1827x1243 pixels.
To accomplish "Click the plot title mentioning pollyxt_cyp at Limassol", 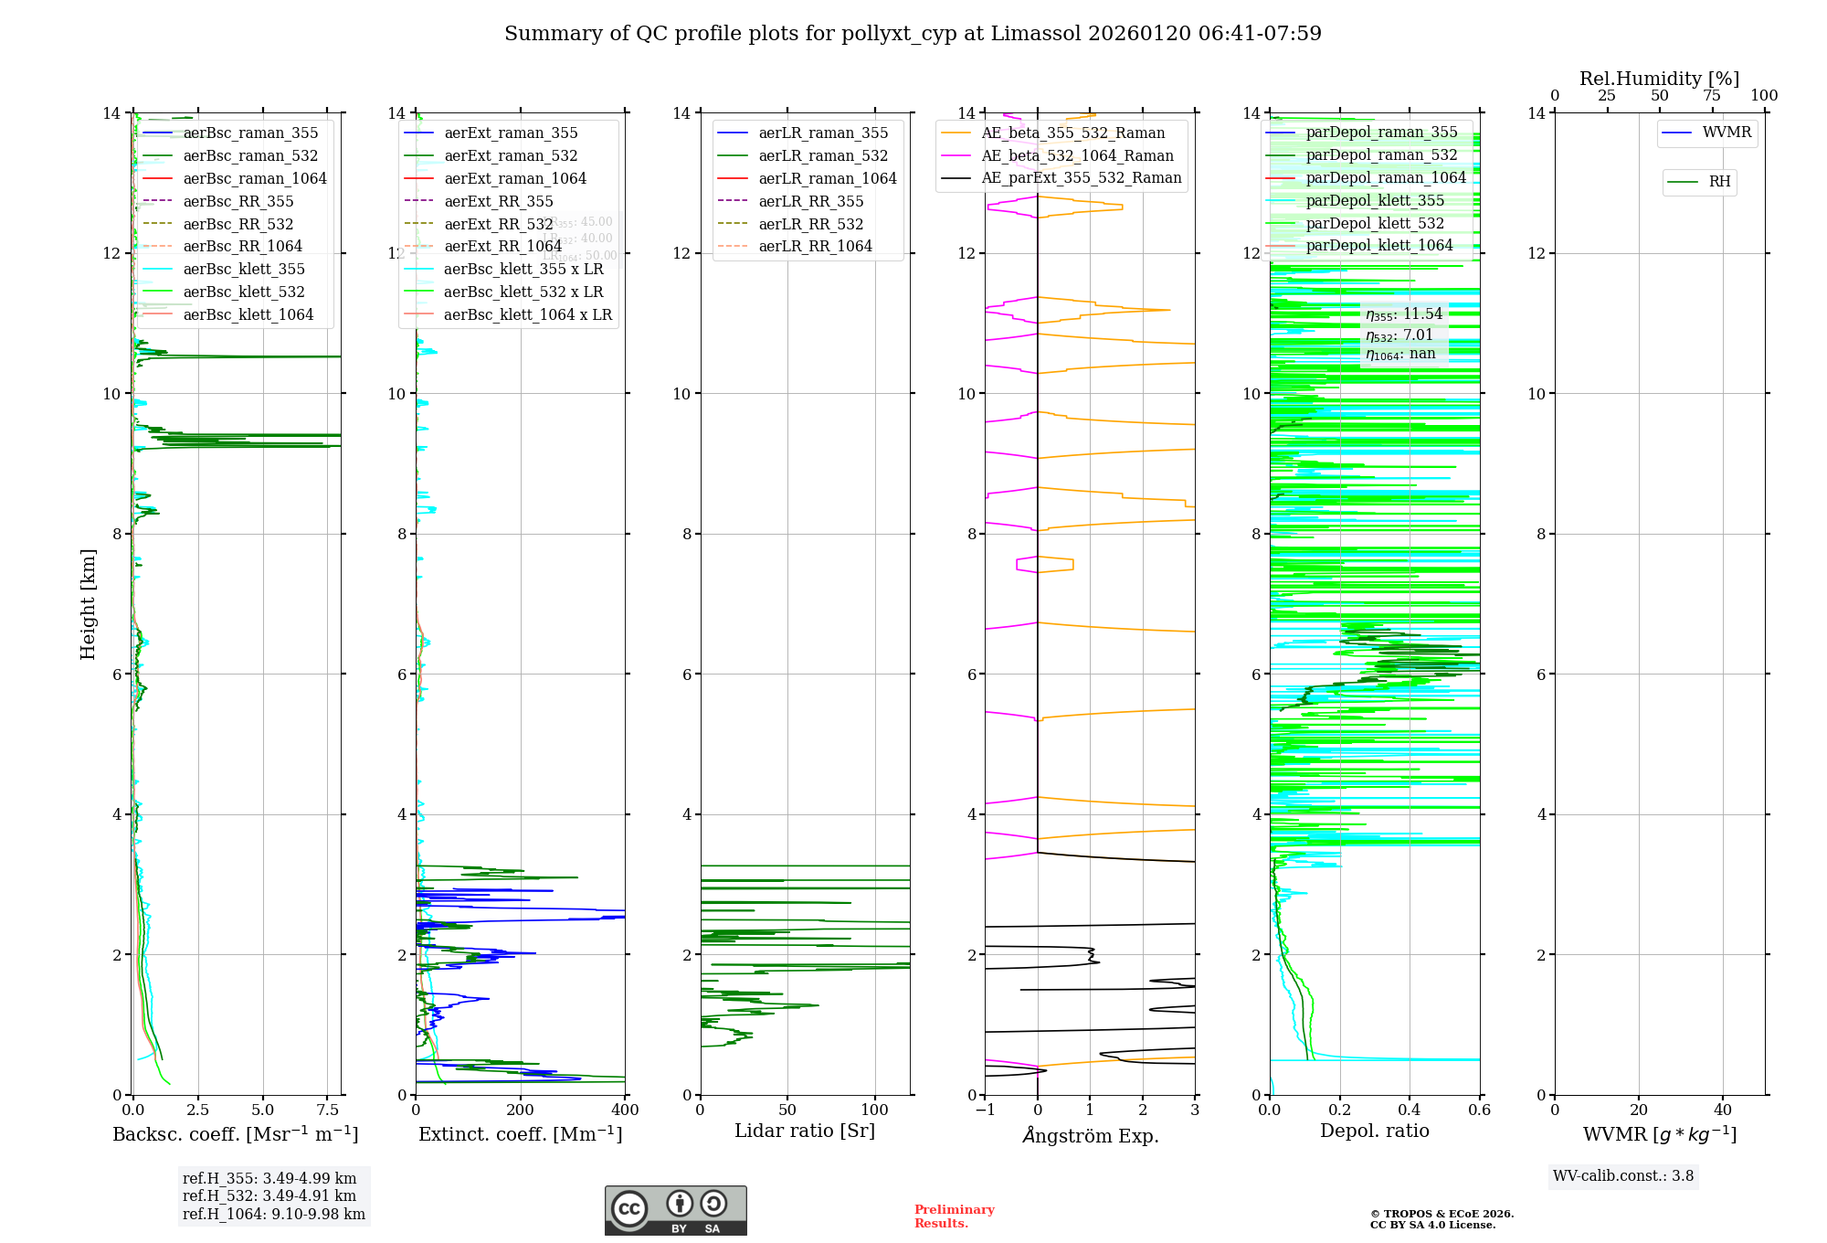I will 913,34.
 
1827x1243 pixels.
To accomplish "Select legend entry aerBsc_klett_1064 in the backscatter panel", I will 248,314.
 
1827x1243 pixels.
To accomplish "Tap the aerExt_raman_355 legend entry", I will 511,133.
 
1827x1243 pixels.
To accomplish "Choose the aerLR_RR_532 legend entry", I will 810,224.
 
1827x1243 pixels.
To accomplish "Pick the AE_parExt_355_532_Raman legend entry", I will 1081,178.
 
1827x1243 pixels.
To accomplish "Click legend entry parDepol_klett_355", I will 1375,201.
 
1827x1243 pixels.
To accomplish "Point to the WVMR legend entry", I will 1727,133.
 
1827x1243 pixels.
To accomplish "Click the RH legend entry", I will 1719,182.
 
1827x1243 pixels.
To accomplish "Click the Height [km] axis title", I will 88,603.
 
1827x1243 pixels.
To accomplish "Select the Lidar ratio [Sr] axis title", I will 805,1131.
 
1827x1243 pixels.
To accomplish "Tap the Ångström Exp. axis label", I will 1090,1136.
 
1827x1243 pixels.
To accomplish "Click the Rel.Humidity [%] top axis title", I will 1659,79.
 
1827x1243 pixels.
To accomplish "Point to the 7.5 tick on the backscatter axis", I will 328,1110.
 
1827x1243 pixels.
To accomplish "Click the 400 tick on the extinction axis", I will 625,1110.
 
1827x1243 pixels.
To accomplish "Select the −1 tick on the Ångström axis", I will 985,1110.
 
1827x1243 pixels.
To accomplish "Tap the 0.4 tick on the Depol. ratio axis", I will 1410,1110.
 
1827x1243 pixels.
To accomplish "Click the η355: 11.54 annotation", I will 1404,314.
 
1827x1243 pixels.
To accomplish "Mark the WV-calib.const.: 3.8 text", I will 1623,1176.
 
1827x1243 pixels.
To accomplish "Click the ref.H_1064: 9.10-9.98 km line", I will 274,1215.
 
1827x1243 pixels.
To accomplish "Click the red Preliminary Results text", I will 954,1216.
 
